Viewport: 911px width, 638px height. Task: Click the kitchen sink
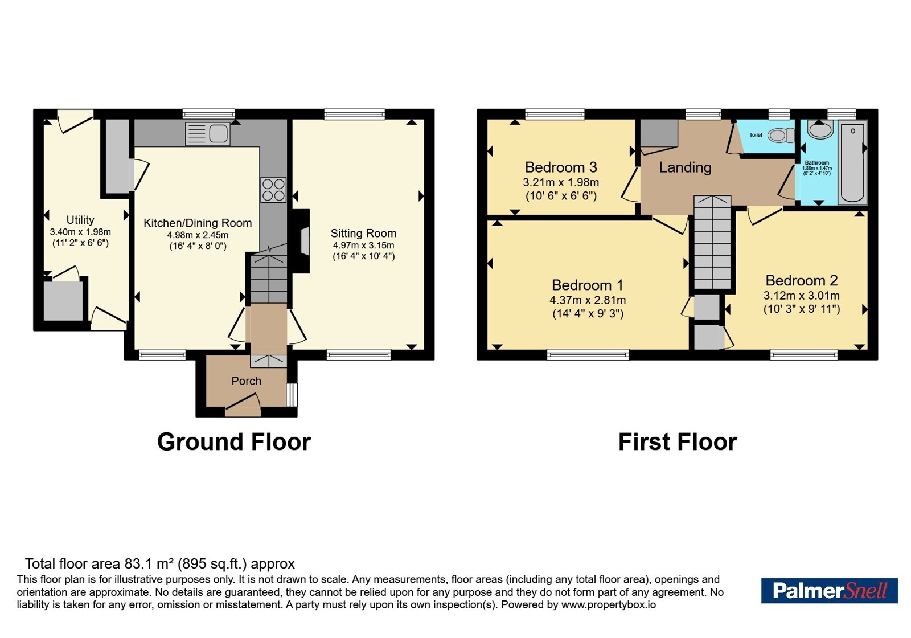pyautogui.click(x=207, y=133)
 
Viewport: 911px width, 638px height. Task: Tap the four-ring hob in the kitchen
pyautogui.click(x=273, y=190)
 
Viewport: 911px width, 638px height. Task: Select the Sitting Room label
pyautogui.click(x=363, y=233)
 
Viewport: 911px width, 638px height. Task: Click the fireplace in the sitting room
pyautogui.click(x=301, y=242)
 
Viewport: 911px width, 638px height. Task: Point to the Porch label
pyautogui.click(x=246, y=381)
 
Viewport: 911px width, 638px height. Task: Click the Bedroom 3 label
pyautogui.click(x=561, y=167)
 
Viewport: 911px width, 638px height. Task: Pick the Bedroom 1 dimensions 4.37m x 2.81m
pyautogui.click(x=588, y=300)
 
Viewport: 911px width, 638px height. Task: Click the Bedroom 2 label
pyautogui.click(x=802, y=280)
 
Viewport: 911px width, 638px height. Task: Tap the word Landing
pyautogui.click(x=686, y=167)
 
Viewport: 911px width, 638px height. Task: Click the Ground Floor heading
pyautogui.click(x=234, y=442)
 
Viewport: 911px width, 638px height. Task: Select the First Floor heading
pyautogui.click(x=678, y=442)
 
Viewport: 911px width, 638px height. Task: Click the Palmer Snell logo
pyautogui.click(x=829, y=590)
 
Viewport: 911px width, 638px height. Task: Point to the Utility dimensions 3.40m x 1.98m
pyautogui.click(x=80, y=232)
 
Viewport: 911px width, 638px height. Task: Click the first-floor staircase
pyautogui.click(x=712, y=243)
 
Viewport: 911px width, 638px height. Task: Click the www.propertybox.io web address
pyautogui.click(x=609, y=604)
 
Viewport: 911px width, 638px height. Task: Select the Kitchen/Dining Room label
pyautogui.click(x=198, y=223)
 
